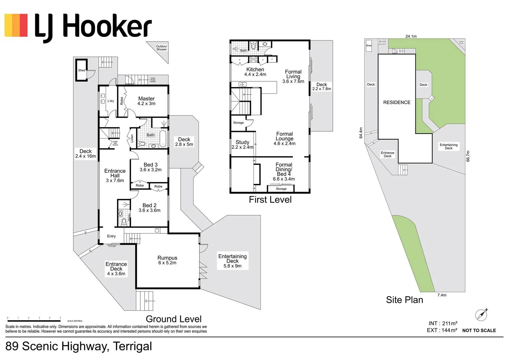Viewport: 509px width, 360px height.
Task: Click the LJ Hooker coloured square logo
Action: click(16, 25)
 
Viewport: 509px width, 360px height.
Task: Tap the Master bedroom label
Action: click(146, 99)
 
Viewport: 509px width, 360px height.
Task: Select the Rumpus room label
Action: click(167, 258)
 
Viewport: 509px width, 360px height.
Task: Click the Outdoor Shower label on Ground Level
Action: click(162, 48)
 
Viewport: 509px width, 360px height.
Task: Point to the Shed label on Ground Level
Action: click(82, 70)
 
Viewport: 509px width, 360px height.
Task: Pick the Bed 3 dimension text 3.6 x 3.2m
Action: click(151, 170)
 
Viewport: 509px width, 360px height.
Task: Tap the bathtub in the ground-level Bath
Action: click(163, 139)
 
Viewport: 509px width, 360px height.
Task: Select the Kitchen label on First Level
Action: click(255, 69)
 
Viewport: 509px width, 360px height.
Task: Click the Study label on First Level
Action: click(242, 142)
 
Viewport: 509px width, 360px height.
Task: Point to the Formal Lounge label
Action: click(284, 136)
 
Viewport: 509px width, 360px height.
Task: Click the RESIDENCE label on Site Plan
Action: click(396, 102)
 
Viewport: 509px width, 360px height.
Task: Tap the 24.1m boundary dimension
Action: click(411, 36)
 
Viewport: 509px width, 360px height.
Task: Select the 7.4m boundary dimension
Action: click(442, 295)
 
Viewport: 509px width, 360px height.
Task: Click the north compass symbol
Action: click(481, 315)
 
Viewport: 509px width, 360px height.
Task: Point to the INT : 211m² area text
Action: click(443, 323)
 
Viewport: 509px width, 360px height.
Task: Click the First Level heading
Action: click(270, 200)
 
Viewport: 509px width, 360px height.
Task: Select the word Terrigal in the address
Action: click(132, 346)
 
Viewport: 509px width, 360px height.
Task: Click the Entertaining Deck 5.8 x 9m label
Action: click(233, 261)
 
